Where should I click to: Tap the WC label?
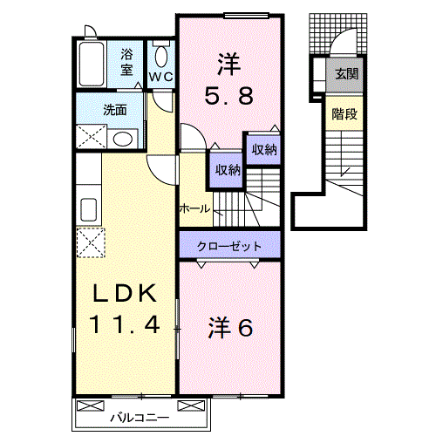(x=160, y=77)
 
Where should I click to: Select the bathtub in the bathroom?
(x=93, y=62)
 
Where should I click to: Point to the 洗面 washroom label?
(x=114, y=111)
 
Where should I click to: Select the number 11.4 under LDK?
(x=126, y=327)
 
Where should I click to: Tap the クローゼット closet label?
(x=229, y=246)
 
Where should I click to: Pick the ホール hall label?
(x=194, y=208)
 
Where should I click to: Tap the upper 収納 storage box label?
(x=264, y=150)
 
